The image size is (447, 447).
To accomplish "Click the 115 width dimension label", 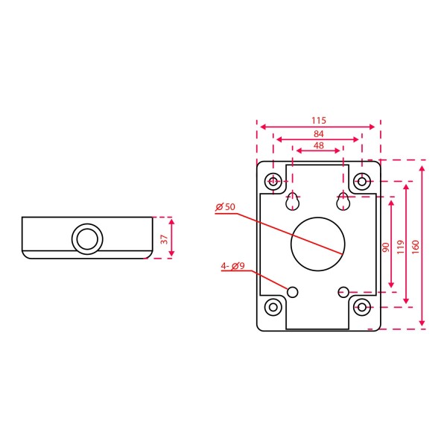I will (x=319, y=120).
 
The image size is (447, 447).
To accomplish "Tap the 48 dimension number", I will (x=319, y=146).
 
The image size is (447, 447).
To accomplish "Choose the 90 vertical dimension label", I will (x=385, y=247).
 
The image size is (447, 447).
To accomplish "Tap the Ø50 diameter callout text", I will (x=224, y=206).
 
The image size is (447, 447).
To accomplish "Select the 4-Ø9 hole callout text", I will (x=232, y=266).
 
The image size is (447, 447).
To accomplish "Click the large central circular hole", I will (x=319, y=244).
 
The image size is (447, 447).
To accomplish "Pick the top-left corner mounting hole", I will (x=275, y=181).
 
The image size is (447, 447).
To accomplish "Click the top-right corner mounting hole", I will (x=363, y=181).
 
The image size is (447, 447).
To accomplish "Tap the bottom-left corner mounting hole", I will (x=275, y=306).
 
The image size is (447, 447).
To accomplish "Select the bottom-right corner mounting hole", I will (x=363, y=306).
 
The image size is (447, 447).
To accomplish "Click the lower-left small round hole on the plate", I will (x=293, y=291).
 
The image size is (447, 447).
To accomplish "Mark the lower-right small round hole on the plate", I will (x=343, y=291).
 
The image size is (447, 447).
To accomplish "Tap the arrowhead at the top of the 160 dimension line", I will (x=422, y=171).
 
